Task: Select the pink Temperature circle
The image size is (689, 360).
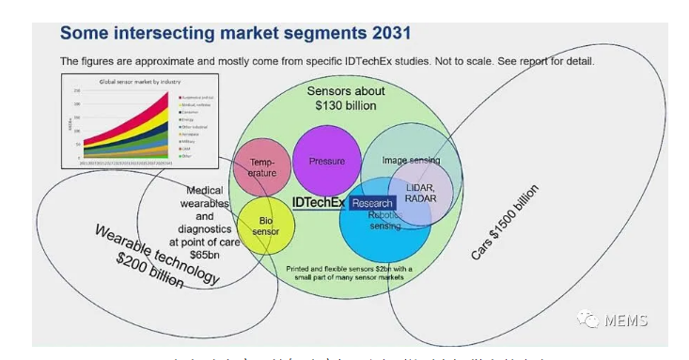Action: point(262,165)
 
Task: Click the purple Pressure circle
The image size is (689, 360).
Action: point(326,161)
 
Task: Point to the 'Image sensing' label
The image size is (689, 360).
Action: point(411,161)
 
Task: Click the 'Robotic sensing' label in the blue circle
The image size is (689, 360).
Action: point(385,221)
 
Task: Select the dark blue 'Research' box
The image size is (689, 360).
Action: point(371,203)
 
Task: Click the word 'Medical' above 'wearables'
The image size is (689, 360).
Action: point(205,191)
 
